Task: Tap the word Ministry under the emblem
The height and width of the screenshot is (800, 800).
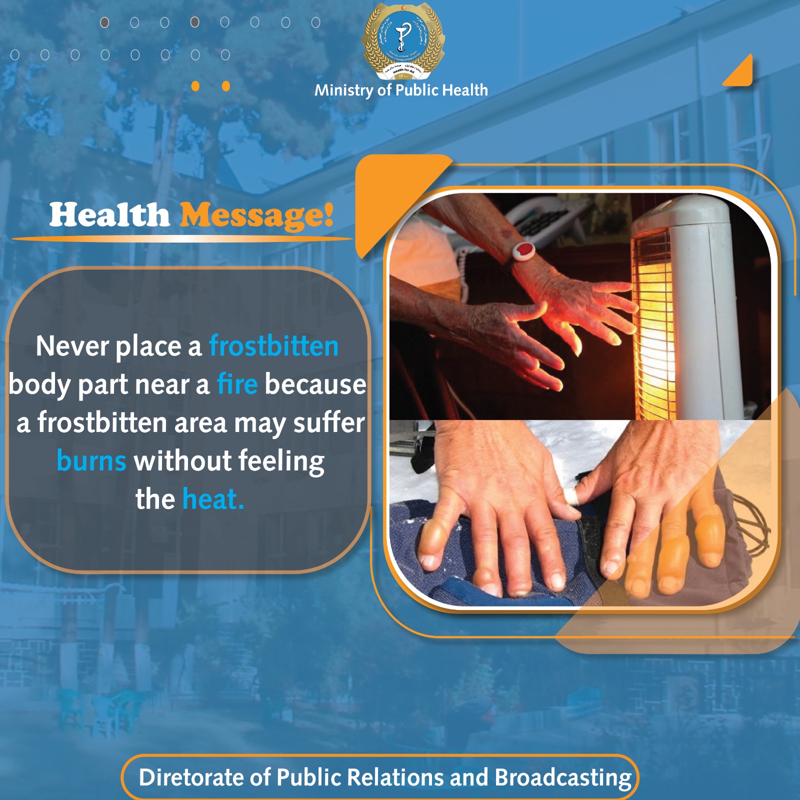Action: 344,90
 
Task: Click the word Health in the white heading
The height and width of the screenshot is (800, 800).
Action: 109,215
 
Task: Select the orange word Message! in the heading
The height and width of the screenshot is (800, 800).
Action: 256,215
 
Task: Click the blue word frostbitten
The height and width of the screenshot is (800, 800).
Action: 273,346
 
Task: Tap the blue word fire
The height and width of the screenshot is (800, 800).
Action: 237,384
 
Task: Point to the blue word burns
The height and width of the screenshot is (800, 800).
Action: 91,460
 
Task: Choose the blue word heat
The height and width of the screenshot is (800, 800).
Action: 212,499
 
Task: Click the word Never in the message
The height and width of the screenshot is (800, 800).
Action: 72,346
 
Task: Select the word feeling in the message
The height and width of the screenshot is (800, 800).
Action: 281,460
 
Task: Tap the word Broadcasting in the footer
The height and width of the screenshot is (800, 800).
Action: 563,777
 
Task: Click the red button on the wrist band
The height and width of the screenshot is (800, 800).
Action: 523,248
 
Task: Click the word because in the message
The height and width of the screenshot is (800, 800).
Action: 315,384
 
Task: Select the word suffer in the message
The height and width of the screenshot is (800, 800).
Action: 328,422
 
